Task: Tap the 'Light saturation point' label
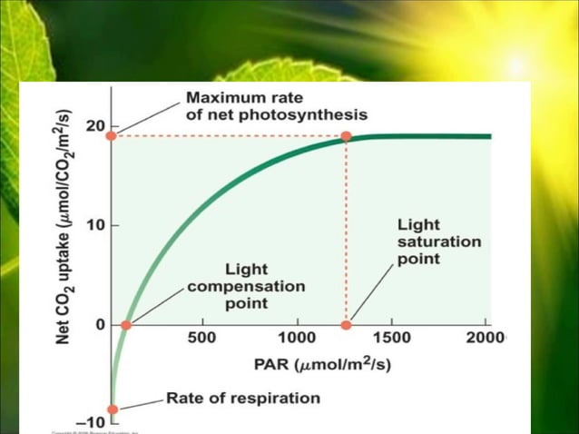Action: point(438,241)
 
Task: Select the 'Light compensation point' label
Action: point(245,286)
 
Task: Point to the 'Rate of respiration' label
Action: point(242,398)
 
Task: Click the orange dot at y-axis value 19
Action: point(112,135)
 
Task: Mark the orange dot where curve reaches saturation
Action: point(346,136)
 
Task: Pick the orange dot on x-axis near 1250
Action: point(346,325)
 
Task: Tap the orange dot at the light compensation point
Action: point(127,325)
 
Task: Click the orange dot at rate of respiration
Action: point(113,409)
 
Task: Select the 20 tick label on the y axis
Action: point(95,125)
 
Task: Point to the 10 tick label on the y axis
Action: point(95,224)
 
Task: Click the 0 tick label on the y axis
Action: point(100,324)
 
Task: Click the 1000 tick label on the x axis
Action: point(297,339)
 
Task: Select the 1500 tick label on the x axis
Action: point(392,339)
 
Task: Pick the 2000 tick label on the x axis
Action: point(486,339)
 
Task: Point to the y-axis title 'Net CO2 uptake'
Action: point(64,227)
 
